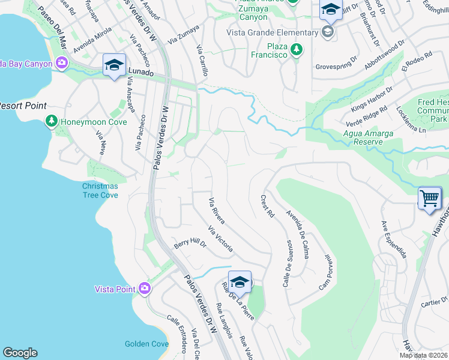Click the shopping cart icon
429,198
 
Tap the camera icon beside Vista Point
144,289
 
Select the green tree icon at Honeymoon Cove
52,122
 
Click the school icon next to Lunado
113,65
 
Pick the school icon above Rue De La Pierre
240,282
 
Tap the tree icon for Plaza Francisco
295,50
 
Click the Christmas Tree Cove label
100,190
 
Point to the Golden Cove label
146,344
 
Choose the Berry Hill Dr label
190,244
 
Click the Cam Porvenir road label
325,271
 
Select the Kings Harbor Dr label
372,98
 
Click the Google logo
20,353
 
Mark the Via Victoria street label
220,239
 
